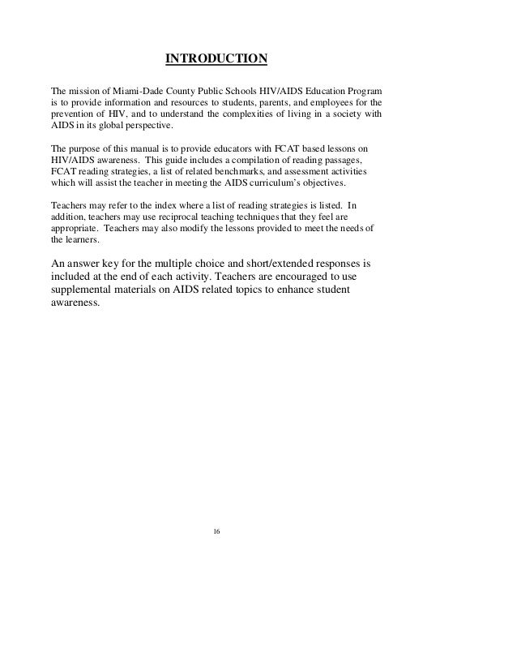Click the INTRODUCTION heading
216,59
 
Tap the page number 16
216,531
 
